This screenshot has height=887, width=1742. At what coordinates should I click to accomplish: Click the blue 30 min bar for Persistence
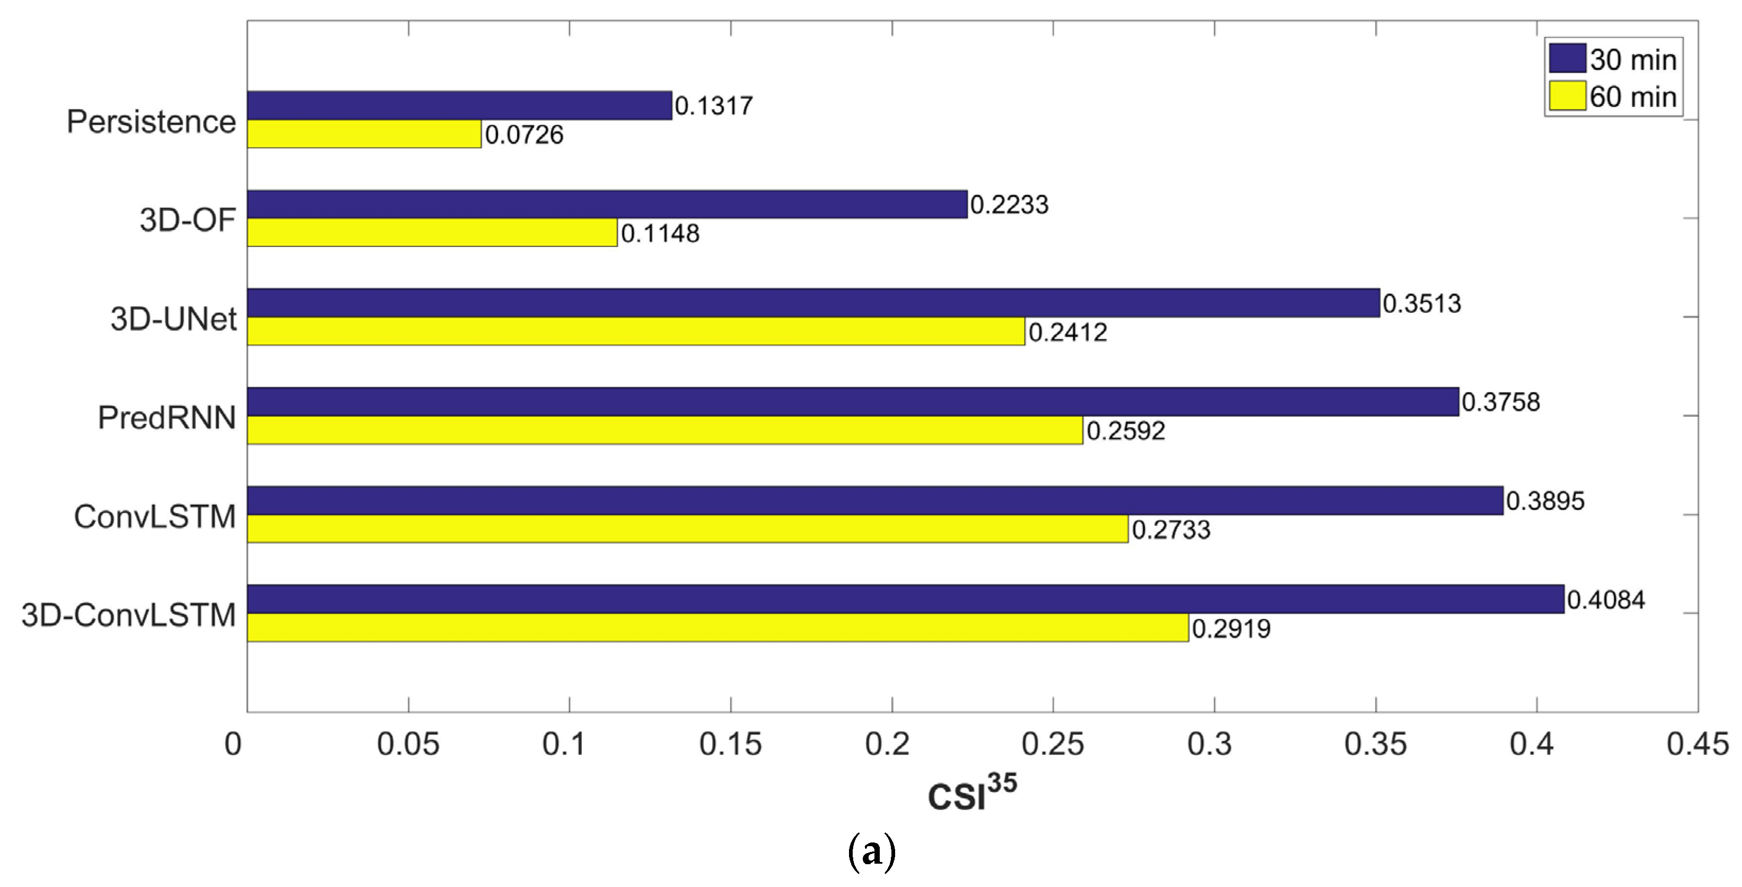[459, 106]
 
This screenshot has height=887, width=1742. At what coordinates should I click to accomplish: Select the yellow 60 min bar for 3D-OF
[432, 233]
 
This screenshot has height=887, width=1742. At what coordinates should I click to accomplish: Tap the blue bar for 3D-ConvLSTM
[906, 599]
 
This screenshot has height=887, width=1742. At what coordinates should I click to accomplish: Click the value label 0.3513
[1422, 304]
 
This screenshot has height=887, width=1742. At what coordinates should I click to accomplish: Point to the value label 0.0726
[524, 135]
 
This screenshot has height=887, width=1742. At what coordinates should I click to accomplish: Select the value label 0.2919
[1231, 629]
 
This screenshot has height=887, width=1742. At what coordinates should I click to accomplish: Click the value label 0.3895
[1545, 501]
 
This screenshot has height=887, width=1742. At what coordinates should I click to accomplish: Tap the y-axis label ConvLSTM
[155, 516]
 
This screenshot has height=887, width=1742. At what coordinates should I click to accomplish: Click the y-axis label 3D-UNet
[173, 319]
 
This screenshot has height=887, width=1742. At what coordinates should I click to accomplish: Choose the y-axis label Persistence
[152, 122]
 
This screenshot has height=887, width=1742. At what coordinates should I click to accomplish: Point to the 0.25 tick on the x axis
[1053, 744]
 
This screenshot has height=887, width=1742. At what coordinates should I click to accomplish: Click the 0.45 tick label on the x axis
[1697, 744]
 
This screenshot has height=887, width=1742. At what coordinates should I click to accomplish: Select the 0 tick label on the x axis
[233, 744]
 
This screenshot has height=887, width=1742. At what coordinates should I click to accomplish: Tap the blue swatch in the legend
[1567, 59]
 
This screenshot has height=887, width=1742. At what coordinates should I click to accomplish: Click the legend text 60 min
[1632, 96]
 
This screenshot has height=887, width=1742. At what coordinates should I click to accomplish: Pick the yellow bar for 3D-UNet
[636, 331]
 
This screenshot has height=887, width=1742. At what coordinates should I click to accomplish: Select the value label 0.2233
[1009, 205]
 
